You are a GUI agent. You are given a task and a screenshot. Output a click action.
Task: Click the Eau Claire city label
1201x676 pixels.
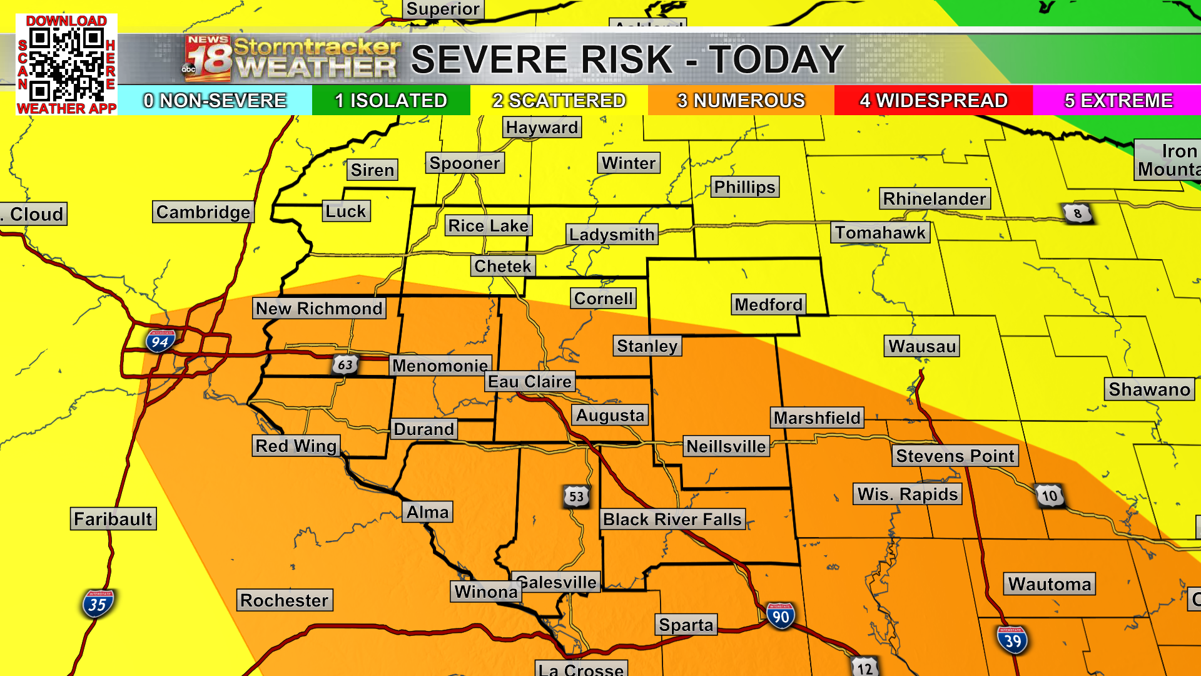click(529, 382)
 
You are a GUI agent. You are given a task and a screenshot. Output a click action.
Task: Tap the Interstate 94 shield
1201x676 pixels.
click(160, 341)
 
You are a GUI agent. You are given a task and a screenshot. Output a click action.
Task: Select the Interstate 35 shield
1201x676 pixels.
click(97, 604)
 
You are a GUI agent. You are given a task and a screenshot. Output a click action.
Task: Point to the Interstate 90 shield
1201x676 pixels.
click(780, 617)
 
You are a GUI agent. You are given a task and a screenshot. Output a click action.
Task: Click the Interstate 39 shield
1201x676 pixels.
click(1012, 640)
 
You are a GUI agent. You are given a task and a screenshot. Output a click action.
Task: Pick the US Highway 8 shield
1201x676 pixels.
click(1077, 213)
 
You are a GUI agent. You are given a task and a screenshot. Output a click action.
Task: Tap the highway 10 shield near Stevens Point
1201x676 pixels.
click(1049, 496)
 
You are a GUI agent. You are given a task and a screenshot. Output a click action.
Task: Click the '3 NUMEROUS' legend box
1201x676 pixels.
click(741, 100)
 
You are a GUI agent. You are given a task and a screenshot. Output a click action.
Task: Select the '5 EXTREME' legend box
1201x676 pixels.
click(1118, 100)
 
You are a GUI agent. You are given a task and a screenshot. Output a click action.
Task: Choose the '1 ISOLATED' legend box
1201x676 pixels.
click(391, 100)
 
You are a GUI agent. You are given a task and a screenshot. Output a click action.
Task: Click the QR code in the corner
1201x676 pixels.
click(66, 65)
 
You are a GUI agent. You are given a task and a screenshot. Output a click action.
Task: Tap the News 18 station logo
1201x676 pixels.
click(208, 59)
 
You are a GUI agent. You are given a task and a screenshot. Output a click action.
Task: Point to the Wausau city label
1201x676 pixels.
click(921, 346)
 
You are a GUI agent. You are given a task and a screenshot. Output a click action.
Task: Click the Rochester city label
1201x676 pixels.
click(284, 600)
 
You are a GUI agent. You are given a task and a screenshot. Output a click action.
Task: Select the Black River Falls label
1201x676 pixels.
click(672, 519)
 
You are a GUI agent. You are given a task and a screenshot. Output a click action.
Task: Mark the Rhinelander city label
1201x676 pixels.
click(935, 199)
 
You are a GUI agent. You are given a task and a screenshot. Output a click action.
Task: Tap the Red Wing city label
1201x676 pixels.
click(296, 446)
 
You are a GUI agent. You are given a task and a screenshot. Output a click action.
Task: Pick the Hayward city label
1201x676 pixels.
click(542, 128)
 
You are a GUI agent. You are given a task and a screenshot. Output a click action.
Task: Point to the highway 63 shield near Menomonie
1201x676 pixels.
click(345, 364)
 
